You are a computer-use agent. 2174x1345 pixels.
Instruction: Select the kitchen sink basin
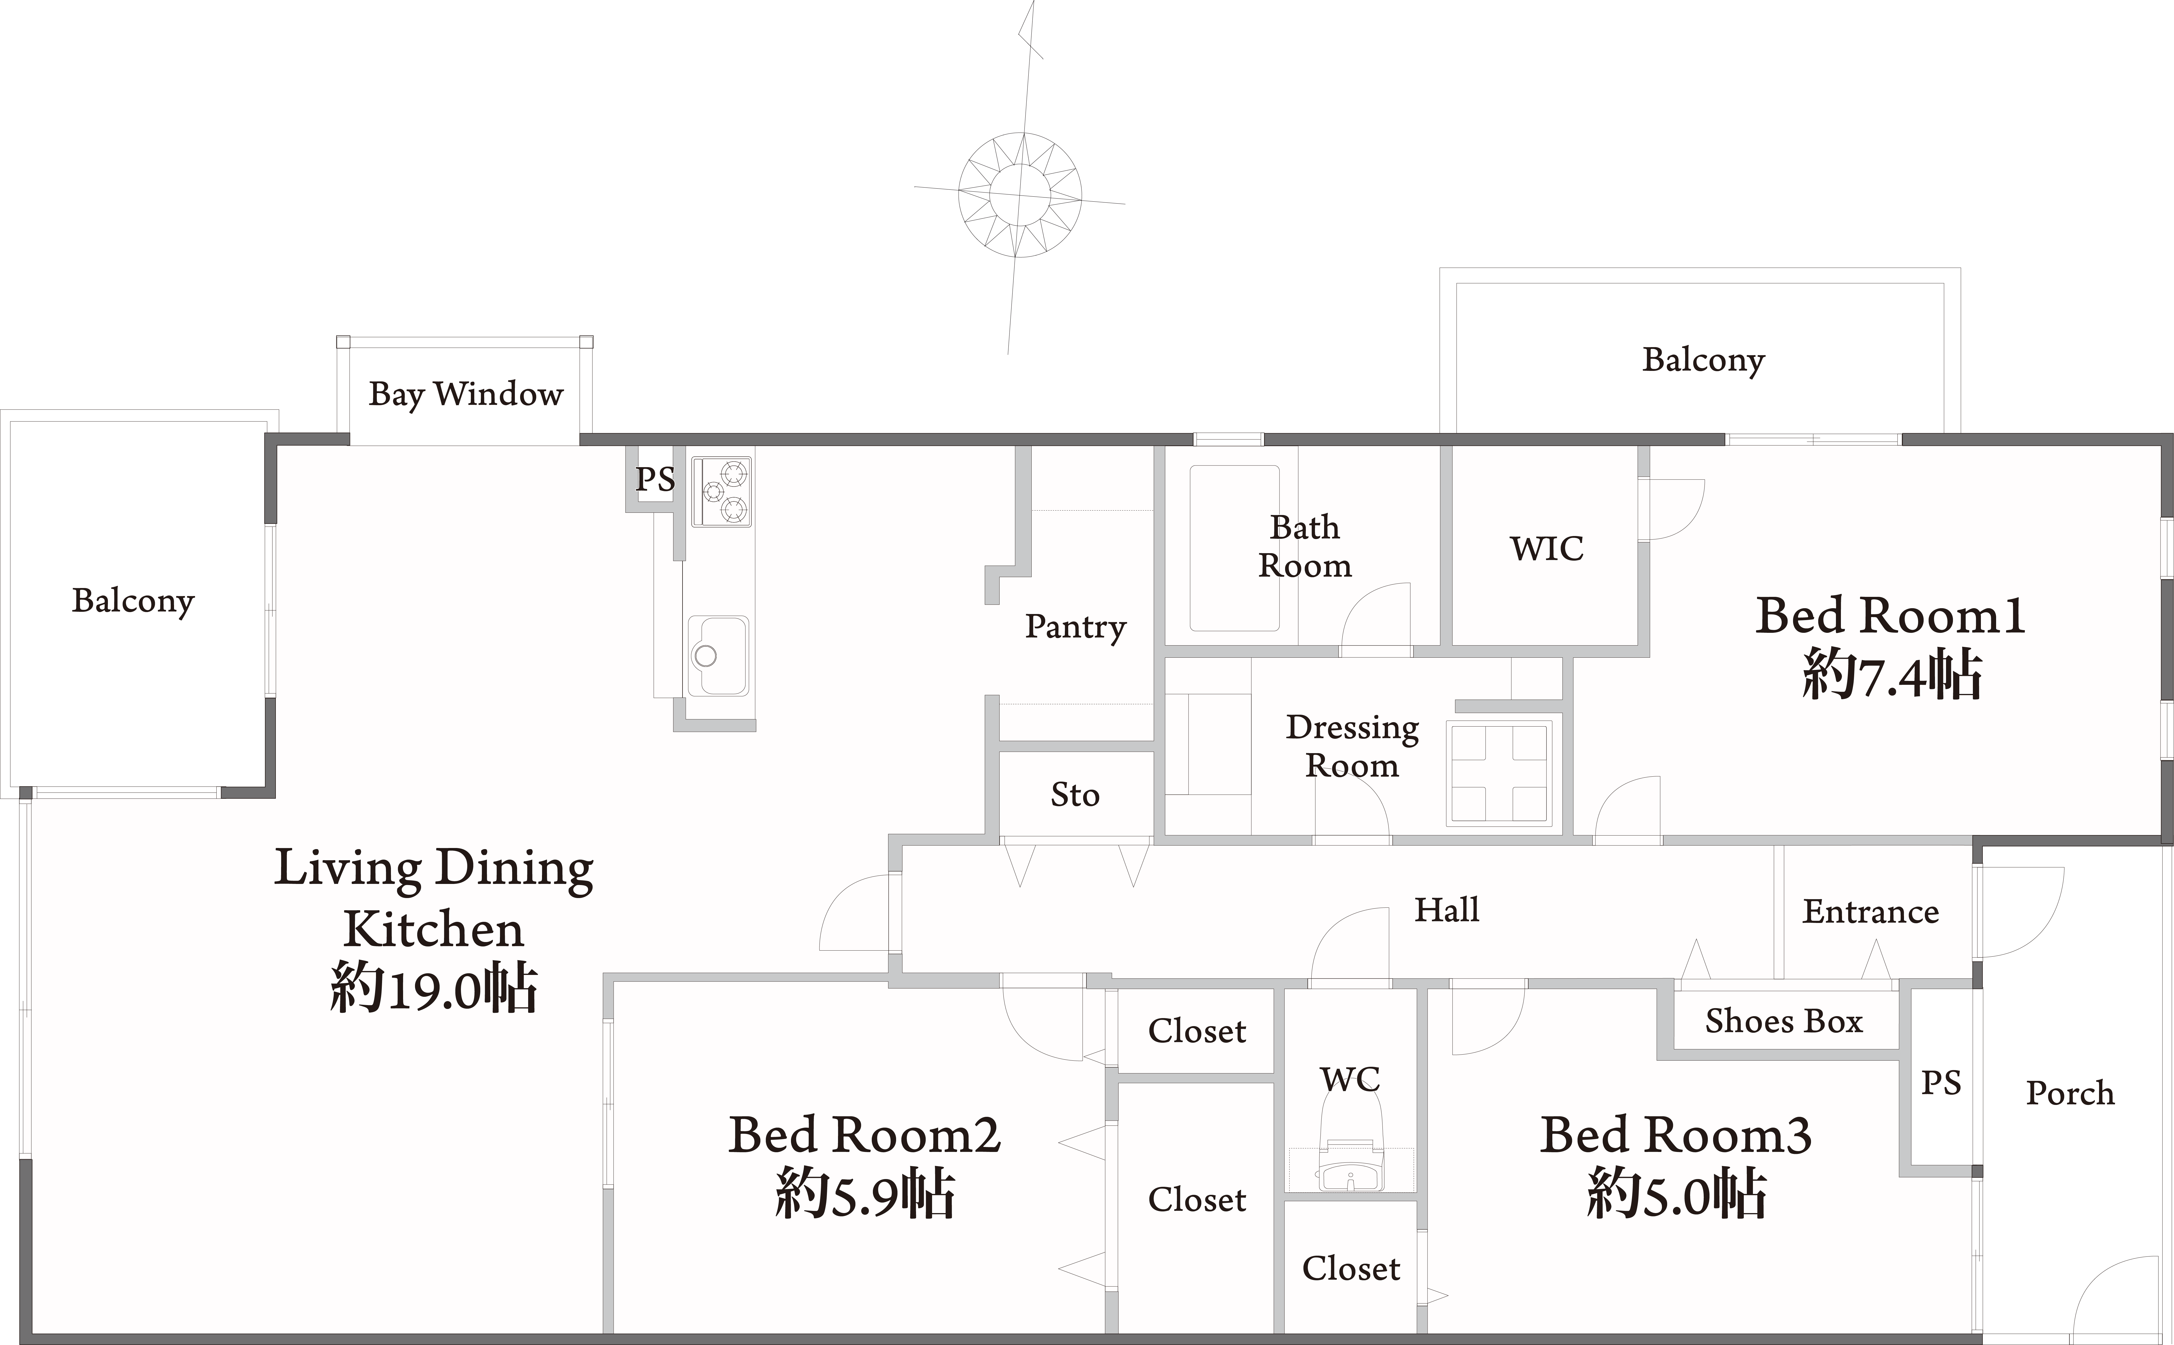717,655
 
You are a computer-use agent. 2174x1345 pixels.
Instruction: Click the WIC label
1547,549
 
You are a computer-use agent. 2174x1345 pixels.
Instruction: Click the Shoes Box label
1784,1021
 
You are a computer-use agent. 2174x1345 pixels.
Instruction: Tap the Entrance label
1871,912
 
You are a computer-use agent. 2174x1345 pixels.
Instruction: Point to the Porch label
2070,1092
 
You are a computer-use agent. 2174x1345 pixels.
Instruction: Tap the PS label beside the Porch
1941,1083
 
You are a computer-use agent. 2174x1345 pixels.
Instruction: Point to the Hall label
1447,910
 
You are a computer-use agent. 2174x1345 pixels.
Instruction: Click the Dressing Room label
1352,746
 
